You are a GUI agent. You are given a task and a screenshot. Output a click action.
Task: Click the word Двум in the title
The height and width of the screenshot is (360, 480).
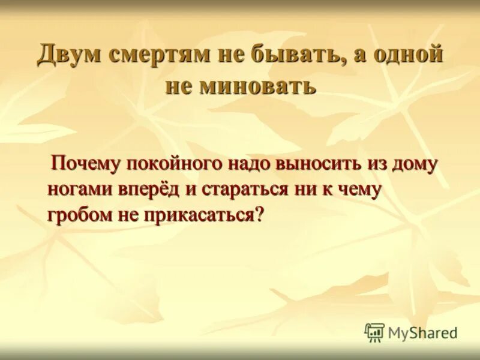coord(69,56)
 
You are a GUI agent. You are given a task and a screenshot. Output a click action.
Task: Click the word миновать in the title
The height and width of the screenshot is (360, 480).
coord(259,85)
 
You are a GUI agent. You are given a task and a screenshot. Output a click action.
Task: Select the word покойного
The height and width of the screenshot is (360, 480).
coord(176,163)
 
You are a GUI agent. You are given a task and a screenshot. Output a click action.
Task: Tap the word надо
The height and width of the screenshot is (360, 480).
coord(250,163)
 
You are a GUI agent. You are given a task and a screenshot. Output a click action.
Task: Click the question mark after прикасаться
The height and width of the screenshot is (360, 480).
coord(260,215)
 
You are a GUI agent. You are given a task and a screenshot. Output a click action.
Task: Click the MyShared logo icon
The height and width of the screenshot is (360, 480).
coord(374,332)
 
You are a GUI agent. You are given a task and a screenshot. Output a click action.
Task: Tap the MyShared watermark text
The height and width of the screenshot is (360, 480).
coord(422,332)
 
